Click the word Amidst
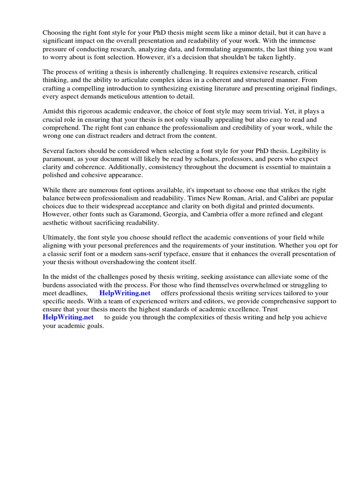click(53, 111)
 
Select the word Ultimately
click(60, 238)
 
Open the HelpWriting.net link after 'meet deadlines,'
click(125, 293)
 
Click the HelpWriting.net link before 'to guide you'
click(68, 317)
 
